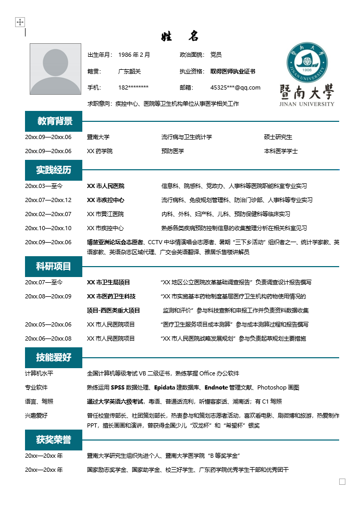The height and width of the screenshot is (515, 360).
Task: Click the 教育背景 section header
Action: [x=54, y=121]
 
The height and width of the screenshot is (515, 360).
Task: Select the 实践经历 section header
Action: [x=54, y=170]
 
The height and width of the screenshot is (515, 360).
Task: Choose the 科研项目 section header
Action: [x=54, y=267]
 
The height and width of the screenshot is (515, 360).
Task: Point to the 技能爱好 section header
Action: [x=54, y=357]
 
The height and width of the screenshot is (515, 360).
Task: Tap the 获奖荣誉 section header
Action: [x=54, y=439]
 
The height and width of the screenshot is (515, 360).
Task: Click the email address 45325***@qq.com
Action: [x=235, y=87]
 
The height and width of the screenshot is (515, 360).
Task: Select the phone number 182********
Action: [x=133, y=87]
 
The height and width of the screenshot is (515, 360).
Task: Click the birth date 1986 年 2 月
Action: [x=134, y=55]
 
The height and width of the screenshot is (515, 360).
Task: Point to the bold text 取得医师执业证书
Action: [x=232, y=71]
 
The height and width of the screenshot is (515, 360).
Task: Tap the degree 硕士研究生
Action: [x=278, y=137]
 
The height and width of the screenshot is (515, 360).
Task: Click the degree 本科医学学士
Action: [x=281, y=151]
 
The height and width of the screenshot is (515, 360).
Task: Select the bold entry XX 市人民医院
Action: [x=105, y=186]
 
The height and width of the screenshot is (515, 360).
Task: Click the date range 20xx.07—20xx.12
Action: [x=48, y=200]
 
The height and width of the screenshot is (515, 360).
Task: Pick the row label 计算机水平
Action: [x=39, y=373]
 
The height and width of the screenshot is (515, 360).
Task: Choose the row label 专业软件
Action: [x=36, y=387]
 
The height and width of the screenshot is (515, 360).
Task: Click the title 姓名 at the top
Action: [x=180, y=36]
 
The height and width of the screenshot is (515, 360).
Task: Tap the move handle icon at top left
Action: [x=20, y=22]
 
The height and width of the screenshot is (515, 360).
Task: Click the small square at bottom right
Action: [x=342, y=482]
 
